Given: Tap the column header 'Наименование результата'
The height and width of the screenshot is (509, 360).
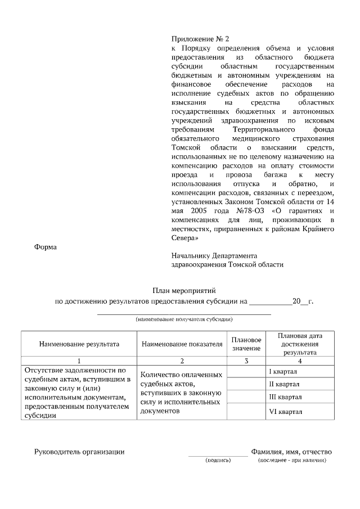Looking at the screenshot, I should coord(79,344).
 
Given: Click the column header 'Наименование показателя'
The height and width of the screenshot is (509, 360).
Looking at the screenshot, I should coord(182,344).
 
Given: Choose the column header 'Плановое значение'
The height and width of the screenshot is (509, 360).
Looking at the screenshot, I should coord(246,344).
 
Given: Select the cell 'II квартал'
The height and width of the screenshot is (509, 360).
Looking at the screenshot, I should coord(285,384).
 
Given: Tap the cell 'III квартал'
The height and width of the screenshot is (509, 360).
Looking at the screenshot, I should coord(286,398).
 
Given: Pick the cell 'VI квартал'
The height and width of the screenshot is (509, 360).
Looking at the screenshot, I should coord(286,412).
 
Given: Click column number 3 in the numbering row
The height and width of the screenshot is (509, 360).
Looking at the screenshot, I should coord(246,361).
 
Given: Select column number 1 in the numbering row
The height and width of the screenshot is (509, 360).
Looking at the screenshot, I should coord(79,361).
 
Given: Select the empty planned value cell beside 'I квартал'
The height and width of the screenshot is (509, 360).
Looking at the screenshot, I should coord(246,372).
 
